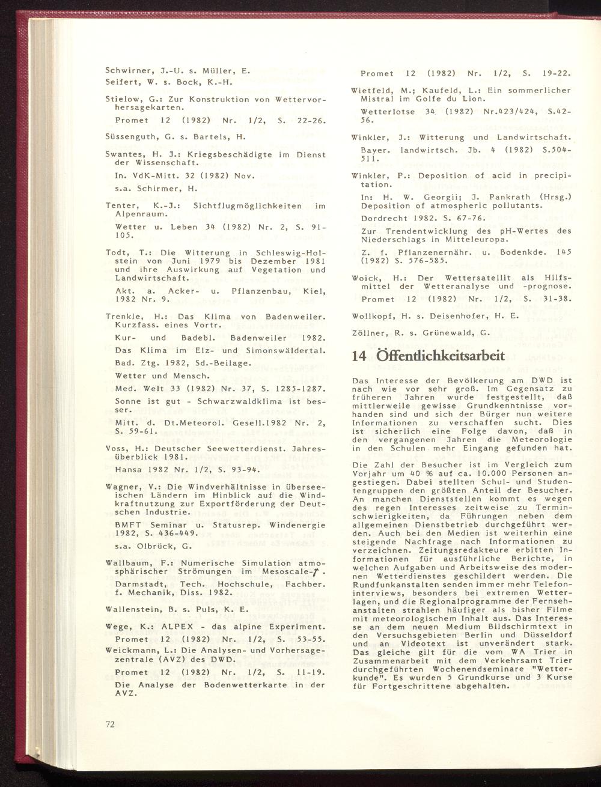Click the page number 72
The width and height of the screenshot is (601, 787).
coord(110,724)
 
